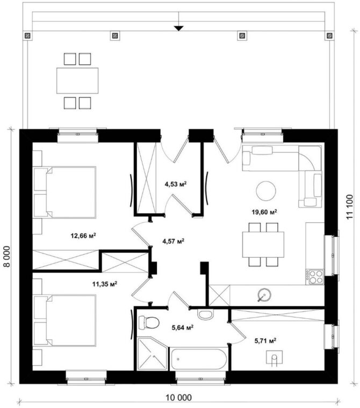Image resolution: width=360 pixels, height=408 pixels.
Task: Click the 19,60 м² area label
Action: [264, 212]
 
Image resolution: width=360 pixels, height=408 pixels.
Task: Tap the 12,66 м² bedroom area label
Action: [83, 236]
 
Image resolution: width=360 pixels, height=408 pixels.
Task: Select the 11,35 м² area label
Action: [105, 283]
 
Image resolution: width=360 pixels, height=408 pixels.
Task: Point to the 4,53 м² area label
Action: [176, 184]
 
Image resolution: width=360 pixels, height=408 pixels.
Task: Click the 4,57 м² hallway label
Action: [174, 241]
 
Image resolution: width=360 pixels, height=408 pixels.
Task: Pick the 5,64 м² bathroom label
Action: [182, 327]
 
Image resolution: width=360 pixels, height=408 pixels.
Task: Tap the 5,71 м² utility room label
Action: [265, 340]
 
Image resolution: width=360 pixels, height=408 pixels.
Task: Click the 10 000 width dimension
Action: [179, 398]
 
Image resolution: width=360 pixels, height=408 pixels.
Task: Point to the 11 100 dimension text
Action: [350, 207]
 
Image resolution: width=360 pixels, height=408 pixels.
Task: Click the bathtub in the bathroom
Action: [198, 359]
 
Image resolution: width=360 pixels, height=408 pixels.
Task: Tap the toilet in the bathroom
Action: [149, 323]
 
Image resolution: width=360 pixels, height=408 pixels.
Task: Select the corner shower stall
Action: [152, 354]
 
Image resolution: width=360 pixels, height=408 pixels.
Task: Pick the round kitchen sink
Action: [264, 295]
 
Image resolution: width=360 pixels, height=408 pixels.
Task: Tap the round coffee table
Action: [266, 191]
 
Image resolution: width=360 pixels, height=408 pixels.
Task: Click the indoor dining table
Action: [263, 244]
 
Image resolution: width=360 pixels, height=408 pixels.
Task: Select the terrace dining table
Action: [77, 81]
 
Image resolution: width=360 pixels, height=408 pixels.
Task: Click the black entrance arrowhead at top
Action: [179, 28]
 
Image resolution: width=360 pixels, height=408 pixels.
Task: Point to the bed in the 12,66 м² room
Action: [64, 192]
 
